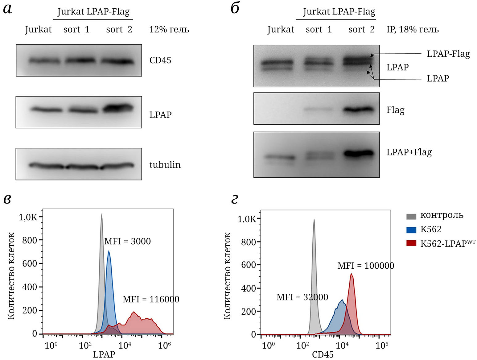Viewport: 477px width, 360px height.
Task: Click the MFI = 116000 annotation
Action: pyautogui.click(x=151, y=299)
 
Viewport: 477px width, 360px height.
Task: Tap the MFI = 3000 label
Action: pyautogui.click(x=127, y=241)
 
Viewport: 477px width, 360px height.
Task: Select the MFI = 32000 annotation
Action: pyautogui.click(x=302, y=297)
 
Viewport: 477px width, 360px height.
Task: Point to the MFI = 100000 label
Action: pyautogui.click(x=366, y=266)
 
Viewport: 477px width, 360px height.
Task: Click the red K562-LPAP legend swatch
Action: pyautogui.click(x=411, y=243)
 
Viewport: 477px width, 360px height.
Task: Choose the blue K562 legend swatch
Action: pyautogui.click(x=411, y=230)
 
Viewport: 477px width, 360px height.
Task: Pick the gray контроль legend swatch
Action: pyautogui.click(x=411, y=216)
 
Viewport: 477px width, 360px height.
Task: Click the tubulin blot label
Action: pyautogui.click(x=165, y=165)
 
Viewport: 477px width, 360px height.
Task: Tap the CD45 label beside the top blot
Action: pyautogui.click(x=160, y=60)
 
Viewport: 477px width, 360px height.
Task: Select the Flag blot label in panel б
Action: pyautogui.click(x=395, y=110)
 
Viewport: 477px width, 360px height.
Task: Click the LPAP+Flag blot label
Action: pyautogui.click(x=409, y=152)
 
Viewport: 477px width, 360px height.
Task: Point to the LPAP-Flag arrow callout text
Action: pyautogui.click(x=448, y=54)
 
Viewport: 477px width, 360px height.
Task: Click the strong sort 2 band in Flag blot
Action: pyautogui.click(x=359, y=110)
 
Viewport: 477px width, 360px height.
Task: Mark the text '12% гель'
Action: pyautogui.click(x=169, y=30)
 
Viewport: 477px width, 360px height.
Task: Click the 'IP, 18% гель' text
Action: pyautogui.click(x=413, y=30)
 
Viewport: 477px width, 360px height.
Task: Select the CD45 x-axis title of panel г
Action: pyautogui.click(x=323, y=354)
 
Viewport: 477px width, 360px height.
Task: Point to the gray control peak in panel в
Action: pyautogui.click(x=101, y=222)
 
